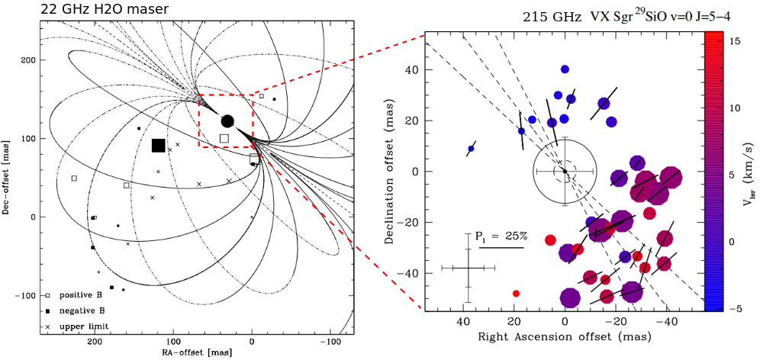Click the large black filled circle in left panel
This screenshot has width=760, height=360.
coord(227,121)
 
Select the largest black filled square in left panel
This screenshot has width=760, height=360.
coord(159,146)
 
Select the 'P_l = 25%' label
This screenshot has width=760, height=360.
coord(502,236)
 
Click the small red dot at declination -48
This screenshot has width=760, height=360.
coord(517,294)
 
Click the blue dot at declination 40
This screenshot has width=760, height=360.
coord(565,69)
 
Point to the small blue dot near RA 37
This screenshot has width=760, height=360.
coord(471,149)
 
